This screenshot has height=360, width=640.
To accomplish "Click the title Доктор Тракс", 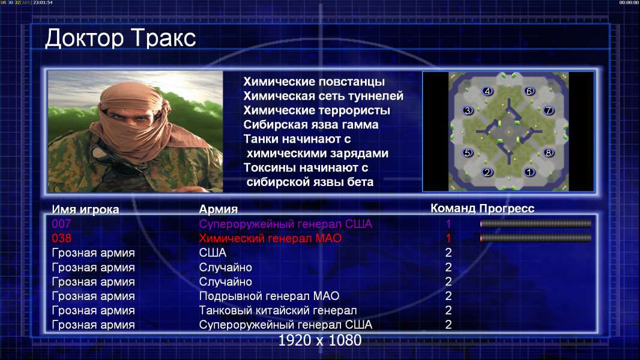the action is coord(121,38).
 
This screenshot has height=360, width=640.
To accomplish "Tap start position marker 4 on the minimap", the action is coord(488,91).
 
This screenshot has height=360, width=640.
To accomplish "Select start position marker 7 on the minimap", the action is coord(548,110).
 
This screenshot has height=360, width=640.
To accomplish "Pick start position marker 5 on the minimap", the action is coord(467,153).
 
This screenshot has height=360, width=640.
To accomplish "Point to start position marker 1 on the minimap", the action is coord(530,172).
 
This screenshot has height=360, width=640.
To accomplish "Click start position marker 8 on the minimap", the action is coord(548,153).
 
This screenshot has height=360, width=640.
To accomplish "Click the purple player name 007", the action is coord(61,224).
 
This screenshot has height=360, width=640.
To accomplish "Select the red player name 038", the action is coord(61,238).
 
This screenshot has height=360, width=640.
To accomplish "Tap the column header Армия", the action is coord(219,209).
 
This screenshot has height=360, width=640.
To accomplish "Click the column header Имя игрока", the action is coord(85,209).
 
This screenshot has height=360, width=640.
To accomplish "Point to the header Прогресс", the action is coord(507,208).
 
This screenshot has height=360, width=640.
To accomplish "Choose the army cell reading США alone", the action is coord(213,253).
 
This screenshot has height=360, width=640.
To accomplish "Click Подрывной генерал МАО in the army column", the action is coord(269,296).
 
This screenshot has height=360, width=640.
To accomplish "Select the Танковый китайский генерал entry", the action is coord(278,310).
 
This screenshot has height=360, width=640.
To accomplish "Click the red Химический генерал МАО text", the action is coord(270,238).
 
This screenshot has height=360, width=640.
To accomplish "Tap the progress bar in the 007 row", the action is coord(536,223).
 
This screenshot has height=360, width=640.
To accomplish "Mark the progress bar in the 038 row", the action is coord(536,238).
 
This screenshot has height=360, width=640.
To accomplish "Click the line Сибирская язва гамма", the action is coord(310,125).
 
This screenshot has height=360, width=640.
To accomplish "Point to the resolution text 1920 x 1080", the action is coord(319,340).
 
